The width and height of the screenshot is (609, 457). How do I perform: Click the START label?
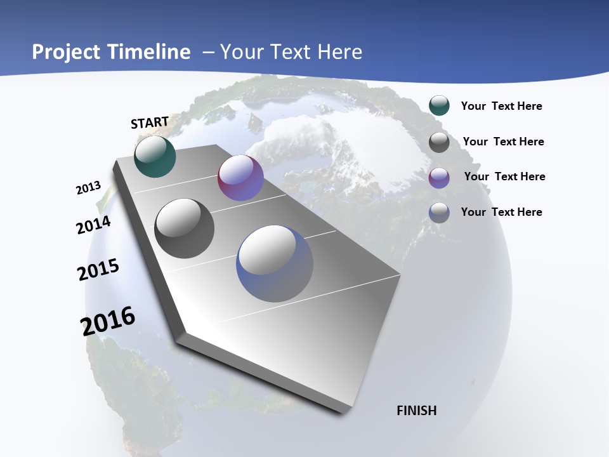[150, 123]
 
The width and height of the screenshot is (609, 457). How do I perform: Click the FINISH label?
[417, 411]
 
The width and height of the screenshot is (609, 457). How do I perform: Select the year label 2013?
[88, 188]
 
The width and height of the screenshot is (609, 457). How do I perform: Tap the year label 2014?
[93, 225]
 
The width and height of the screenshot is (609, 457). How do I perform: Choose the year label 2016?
[108, 321]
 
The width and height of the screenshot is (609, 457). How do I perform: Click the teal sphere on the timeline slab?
[155, 157]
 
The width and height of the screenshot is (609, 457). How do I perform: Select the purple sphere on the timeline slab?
[240, 178]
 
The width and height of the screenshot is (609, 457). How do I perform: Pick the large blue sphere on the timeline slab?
[275, 263]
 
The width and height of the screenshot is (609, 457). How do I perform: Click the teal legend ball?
[439, 105]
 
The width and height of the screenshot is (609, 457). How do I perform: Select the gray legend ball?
[439, 142]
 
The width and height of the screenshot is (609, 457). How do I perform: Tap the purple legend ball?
[439, 178]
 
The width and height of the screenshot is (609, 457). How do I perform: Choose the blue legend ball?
[439, 213]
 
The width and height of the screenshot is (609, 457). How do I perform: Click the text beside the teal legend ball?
[501, 106]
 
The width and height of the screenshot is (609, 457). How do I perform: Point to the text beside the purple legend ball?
[504, 176]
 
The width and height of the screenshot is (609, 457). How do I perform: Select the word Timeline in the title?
[150, 52]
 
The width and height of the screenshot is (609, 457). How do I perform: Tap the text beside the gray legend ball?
[503, 142]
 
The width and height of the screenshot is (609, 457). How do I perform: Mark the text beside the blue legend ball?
[501, 212]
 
